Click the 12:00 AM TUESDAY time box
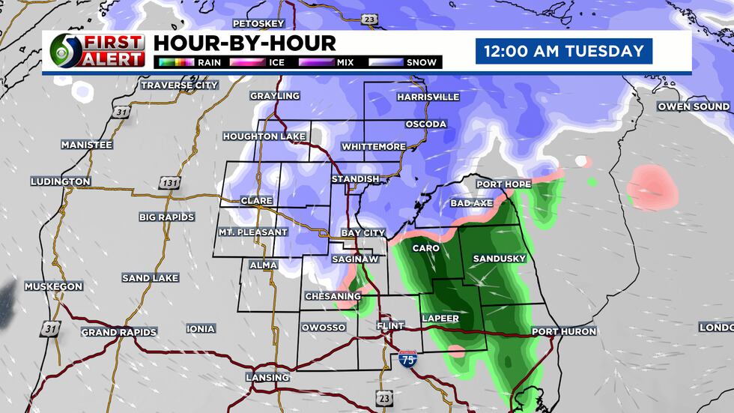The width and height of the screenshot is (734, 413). tap(563, 52)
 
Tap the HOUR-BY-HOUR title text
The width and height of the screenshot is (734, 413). tap(244, 43)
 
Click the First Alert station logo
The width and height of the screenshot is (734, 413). tap(97, 51)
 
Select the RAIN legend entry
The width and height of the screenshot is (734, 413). tap(187, 62)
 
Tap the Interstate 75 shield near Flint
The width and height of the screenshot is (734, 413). tap(407, 361)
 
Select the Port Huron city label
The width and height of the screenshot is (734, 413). tap(564, 331)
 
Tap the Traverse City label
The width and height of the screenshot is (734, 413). tap(180, 85)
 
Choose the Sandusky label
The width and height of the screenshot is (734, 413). tap(500, 259)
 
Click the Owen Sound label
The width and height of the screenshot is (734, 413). tap(693, 106)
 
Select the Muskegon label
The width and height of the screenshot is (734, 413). tap(53, 287)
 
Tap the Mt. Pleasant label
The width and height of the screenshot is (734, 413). tap(252, 232)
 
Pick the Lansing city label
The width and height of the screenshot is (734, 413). tap(267, 377)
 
